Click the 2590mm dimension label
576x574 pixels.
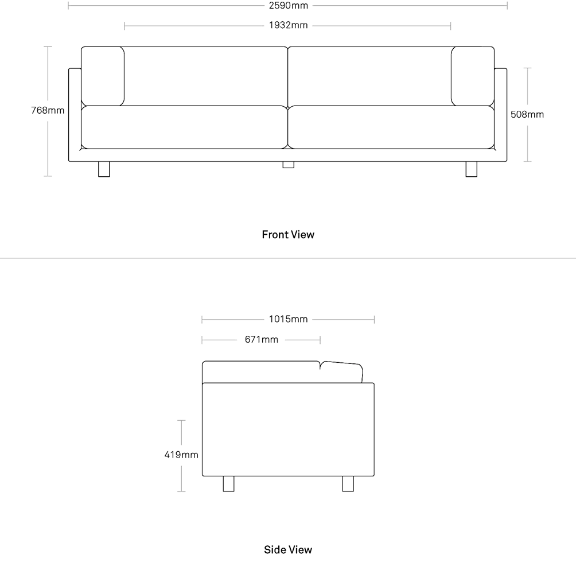point(289,6)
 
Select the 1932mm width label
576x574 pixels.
point(289,25)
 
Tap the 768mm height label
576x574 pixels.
point(48,110)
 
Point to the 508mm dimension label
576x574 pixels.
point(527,114)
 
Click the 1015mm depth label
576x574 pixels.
point(289,319)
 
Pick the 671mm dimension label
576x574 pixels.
point(262,339)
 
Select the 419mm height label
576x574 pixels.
point(181,455)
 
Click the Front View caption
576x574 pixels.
point(288,234)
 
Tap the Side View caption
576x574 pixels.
point(288,549)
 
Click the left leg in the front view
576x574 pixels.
point(104,169)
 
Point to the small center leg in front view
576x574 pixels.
point(289,165)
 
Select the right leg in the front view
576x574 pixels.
point(472,169)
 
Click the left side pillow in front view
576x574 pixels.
point(103,76)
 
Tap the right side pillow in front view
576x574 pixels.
point(473,76)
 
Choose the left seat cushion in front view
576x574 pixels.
point(184,127)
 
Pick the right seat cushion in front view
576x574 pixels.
point(391,127)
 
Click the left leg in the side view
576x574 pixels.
point(228,484)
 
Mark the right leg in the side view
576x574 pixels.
point(348,484)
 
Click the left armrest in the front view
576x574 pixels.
point(75,115)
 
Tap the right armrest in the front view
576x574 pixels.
point(501,115)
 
